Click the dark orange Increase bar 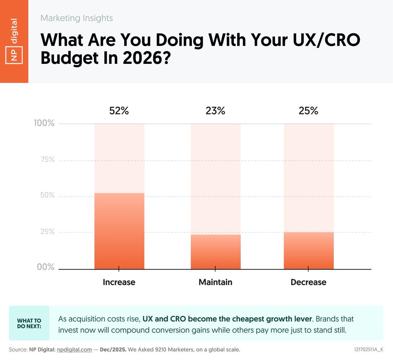[119, 231]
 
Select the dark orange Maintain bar [215, 252]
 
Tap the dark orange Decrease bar [309, 250]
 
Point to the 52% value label [119, 111]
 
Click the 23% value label [215, 111]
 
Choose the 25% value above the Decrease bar [309, 111]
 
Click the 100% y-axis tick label [44, 124]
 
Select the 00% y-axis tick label [46, 267]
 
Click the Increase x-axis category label [119, 282]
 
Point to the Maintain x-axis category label [215, 282]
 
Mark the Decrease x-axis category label [309, 282]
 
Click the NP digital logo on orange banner [14, 41]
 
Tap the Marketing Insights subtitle [77, 18]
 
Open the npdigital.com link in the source [74, 350]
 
